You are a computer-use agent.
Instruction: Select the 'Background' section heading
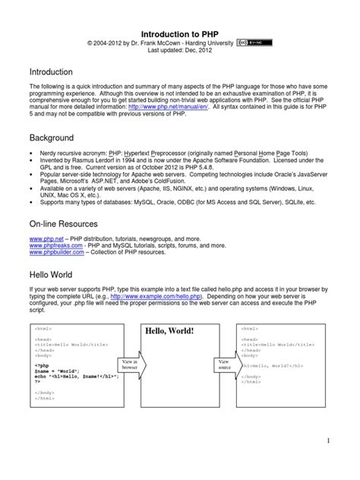52,138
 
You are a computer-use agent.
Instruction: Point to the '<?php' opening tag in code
40,364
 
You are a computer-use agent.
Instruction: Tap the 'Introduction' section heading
50,72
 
